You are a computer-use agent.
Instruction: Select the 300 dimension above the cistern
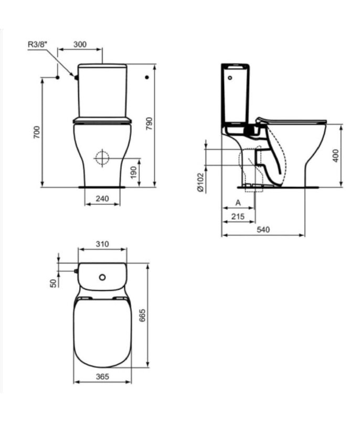coord(80,45)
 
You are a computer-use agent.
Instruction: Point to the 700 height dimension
coord(36,132)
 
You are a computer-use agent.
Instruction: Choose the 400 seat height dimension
coord(336,155)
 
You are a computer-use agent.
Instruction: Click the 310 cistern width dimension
coord(102,244)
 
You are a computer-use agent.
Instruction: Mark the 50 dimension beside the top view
coord(52,283)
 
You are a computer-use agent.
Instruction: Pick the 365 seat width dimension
coord(102,376)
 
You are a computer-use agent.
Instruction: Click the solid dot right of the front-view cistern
coord(147,78)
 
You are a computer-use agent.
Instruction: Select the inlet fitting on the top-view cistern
coord(77,271)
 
